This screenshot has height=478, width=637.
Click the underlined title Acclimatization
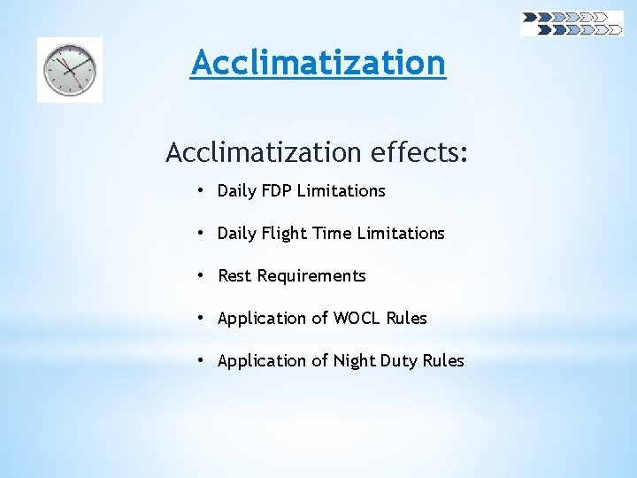tap(318, 63)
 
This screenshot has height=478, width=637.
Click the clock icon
tap(70, 70)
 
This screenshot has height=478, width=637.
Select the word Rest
tap(234, 275)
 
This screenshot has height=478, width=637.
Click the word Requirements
tap(311, 275)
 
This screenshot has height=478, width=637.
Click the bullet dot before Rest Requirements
tap(202, 275)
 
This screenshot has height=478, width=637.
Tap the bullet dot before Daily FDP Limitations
tap(202, 190)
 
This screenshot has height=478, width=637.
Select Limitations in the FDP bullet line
tap(342, 190)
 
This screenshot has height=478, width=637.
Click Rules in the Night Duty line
tap(446, 360)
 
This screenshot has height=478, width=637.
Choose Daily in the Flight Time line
tap(236, 233)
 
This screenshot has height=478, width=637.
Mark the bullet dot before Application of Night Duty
tap(202, 360)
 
